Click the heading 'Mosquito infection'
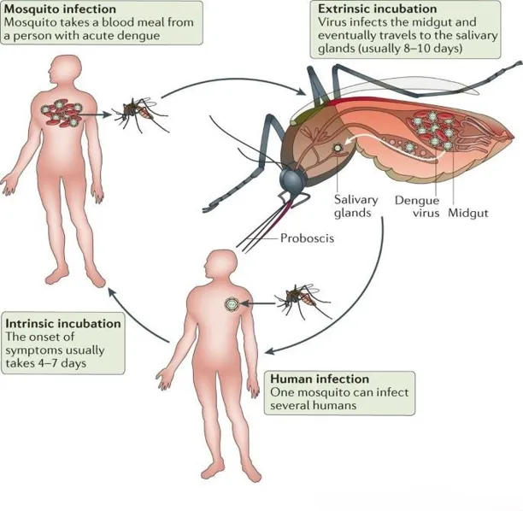[x=60, y=9]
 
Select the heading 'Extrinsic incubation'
[x=377, y=9]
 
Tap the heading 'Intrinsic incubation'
[x=63, y=324]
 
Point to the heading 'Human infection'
[x=320, y=379]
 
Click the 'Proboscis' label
[x=307, y=238]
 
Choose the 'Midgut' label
[x=468, y=213]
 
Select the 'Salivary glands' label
[x=356, y=206]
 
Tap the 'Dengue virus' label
[x=417, y=207]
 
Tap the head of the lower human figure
[x=220, y=263]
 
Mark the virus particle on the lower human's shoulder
[x=231, y=304]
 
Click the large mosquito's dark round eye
[x=292, y=180]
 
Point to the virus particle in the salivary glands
[x=338, y=148]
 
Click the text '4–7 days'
[x=62, y=363]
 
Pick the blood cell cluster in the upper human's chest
[x=62, y=113]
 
